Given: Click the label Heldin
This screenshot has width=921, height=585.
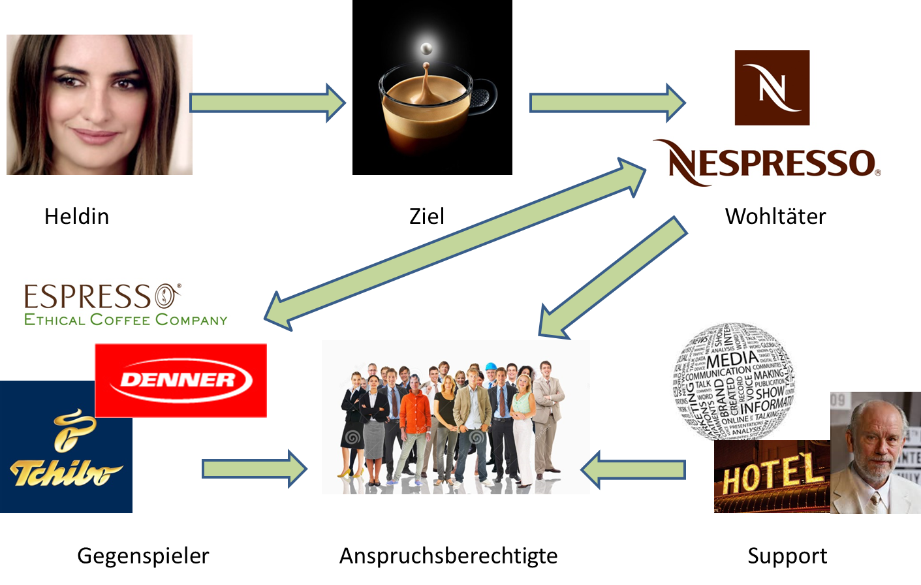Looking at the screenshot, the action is (x=76, y=216).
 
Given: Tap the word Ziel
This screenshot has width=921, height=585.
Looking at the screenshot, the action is (x=426, y=216).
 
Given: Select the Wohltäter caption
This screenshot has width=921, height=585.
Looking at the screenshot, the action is (x=775, y=216).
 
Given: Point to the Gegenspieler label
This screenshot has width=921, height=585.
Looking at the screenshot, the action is (x=143, y=556).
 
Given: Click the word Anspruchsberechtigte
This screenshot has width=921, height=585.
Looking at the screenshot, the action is (x=448, y=556).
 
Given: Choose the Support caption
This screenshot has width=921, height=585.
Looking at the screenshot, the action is (x=787, y=556).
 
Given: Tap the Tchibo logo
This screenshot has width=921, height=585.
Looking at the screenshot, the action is (x=65, y=451).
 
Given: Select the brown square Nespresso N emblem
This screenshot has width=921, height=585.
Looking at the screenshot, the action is (x=772, y=87).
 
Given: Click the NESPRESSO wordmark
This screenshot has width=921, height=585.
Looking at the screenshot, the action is (x=770, y=163).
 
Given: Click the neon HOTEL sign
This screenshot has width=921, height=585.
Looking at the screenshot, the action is (x=770, y=475).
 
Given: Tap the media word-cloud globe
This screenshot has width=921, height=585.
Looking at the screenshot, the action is (x=734, y=379).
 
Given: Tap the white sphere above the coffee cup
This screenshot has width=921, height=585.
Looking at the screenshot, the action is (x=426, y=48).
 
